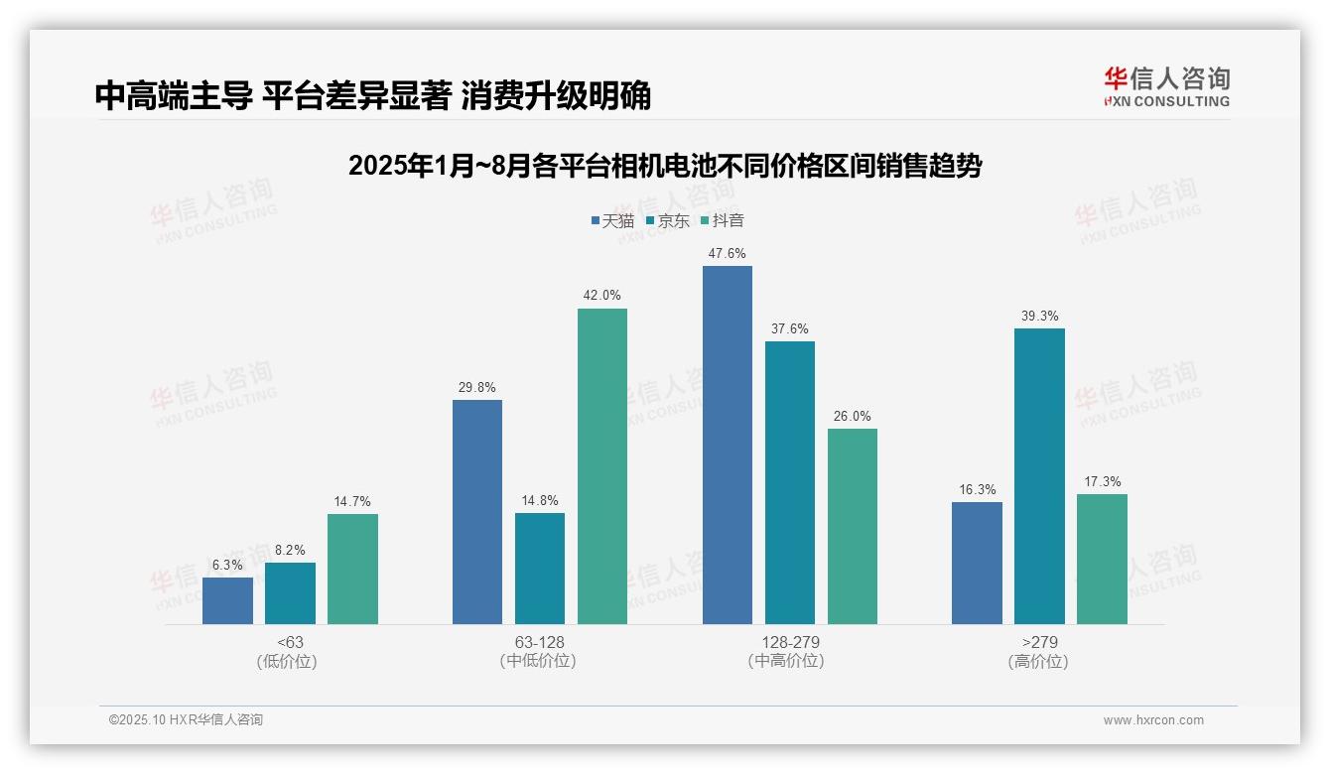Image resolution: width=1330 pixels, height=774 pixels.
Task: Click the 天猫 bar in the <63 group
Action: (227, 600)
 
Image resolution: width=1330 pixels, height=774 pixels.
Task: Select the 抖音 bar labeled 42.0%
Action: (602, 466)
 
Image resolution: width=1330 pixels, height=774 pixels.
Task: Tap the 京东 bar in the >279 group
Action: (1039, 476)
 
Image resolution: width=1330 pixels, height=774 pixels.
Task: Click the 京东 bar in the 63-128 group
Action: (540, 569)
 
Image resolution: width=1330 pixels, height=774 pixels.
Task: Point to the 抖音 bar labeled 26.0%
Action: (853, 526)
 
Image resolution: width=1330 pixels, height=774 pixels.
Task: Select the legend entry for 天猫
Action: (612, 221)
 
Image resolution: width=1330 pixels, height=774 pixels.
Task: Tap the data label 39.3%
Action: (1039, 317)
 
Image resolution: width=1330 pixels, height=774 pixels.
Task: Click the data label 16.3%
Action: (978, 490)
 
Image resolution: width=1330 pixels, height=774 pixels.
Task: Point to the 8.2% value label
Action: (290, 550)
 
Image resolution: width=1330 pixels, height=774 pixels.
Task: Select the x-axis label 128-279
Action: (790, 642)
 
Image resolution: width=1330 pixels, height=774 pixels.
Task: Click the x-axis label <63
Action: (290, 642)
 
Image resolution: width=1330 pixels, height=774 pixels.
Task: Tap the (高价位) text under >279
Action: (1038, 662)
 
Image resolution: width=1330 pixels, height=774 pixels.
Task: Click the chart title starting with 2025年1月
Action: (664, 166)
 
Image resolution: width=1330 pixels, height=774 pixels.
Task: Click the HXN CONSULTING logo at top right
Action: (1167, 86)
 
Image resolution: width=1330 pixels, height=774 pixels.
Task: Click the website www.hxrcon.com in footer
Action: (1153, 720)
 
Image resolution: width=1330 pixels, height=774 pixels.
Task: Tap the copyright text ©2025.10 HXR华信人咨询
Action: (186, 720)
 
